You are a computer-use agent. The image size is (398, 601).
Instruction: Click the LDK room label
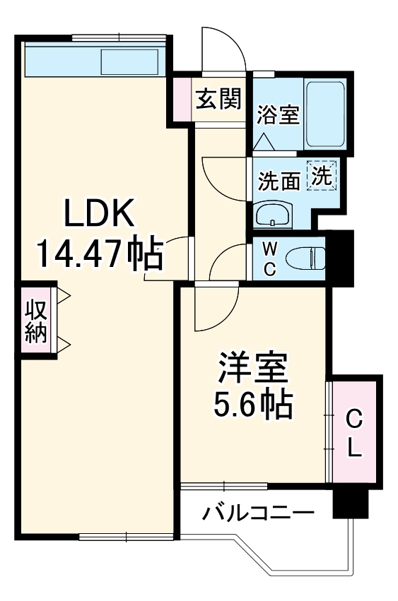100,213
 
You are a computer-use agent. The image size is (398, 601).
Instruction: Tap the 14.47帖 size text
99,253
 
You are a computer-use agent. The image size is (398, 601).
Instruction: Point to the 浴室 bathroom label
277,114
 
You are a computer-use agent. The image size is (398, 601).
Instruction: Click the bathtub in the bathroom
324,112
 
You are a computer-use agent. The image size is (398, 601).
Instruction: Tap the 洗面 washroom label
279,182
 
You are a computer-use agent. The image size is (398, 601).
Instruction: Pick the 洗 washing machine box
322,176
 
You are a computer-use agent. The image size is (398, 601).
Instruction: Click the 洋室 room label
252,369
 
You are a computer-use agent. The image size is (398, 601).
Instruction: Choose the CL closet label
355,434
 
